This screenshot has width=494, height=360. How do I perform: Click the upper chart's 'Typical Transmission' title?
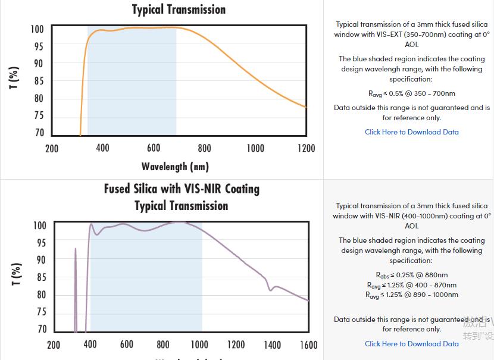point(179,10)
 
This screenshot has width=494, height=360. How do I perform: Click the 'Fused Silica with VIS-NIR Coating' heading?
point(182,189)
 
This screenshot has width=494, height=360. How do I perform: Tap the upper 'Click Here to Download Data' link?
point(411,132)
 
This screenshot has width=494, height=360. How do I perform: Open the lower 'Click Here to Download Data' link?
point(411,343)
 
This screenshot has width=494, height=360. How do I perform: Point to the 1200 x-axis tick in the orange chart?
point(306,148)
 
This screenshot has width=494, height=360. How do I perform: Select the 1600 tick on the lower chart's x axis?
point(308,345)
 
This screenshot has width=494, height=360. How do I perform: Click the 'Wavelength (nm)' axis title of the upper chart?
point(175,167)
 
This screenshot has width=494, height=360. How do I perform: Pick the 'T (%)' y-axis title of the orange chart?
point(14,78)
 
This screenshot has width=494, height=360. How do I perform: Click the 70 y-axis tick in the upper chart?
point(39,133)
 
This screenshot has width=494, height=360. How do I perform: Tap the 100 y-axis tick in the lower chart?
point(39,226)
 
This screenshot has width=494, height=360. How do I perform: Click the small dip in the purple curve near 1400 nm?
point(271,289)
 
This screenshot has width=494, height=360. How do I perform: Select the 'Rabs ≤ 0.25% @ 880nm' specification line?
point(411,275)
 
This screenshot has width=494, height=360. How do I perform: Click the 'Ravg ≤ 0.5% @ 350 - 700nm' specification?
point(411,93)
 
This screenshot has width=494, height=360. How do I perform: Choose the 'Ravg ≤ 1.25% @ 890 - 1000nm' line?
point(411,295)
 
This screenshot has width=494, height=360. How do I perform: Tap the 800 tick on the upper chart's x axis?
point(204,148)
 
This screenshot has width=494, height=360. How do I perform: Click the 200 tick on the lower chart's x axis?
point(53,345)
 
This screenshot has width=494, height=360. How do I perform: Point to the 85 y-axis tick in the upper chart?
point(39,81)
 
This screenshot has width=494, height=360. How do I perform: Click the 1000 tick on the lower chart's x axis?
point(199,345)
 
